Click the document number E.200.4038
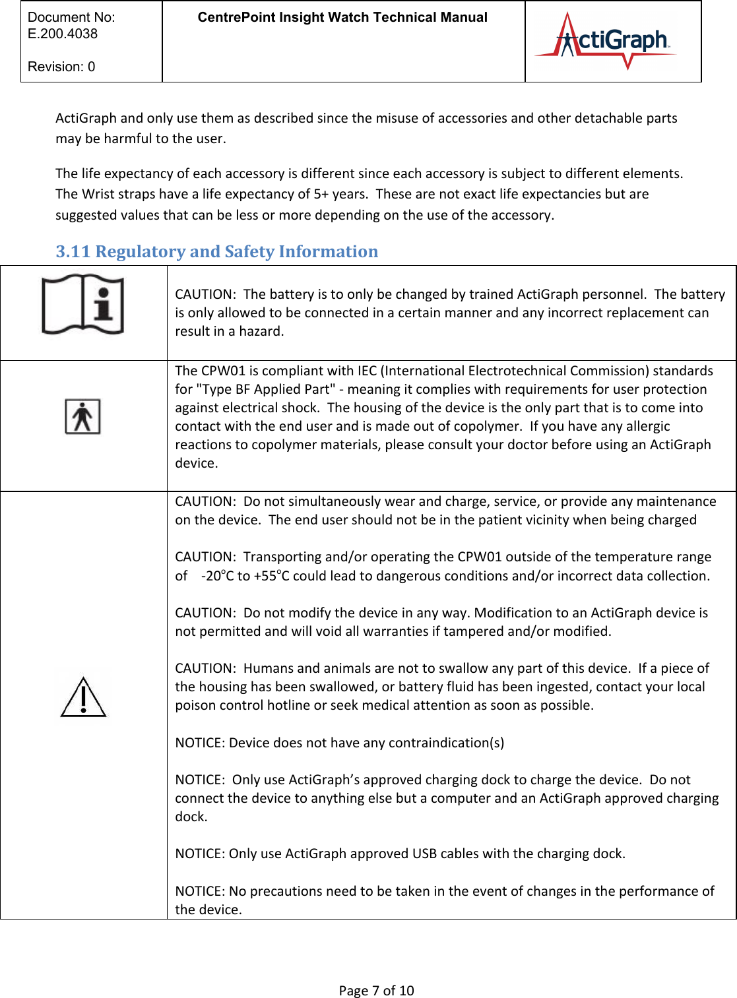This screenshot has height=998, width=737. coord(63,34)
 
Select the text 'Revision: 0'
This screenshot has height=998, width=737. coord(61,67)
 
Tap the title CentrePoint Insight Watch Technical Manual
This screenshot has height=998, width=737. coord(342,18)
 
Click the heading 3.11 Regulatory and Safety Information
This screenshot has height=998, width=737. coord(216,251)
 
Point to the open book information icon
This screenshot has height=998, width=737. coord(83,304)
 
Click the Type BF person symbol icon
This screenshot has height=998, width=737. coord(82,416)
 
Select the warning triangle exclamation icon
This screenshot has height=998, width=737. coord(84,697)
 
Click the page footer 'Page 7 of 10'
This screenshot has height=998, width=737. coord(376,990)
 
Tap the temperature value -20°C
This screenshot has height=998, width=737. coord(218,576)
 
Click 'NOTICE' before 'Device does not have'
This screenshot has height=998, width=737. coord(199,743)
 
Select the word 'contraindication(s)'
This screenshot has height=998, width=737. coord(446,743)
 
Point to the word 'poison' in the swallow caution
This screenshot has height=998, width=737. coord(194,705)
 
